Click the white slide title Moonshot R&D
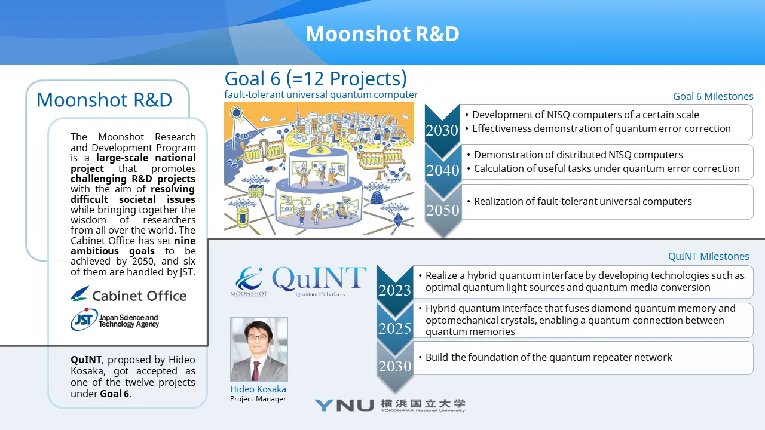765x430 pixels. [382, 34]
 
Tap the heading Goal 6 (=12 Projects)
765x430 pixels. [316, 78]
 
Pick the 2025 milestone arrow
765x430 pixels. [395, 328]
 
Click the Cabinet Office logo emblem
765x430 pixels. [80, 294]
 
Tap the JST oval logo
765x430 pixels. [84, 320]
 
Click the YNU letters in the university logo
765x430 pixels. [344, 406]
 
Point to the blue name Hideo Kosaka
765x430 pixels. [258, 389]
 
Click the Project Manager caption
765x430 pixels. [258, 399]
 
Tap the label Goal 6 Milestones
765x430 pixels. [713, 96]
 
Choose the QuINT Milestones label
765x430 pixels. [709, 256]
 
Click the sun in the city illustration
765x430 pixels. [236, 112]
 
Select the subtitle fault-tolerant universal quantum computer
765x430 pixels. [321, 94]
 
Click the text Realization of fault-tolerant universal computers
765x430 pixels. [583, 201]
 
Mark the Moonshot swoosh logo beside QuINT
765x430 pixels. [249, 281]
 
